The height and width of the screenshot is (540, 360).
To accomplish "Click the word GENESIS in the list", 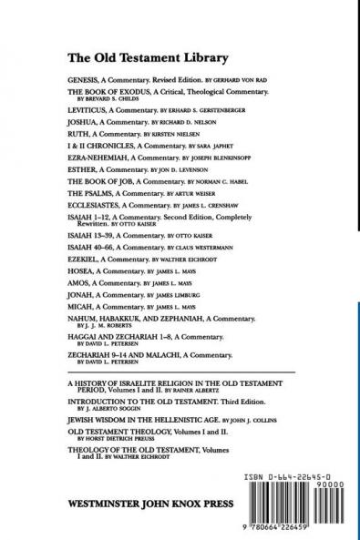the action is point(83,80).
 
